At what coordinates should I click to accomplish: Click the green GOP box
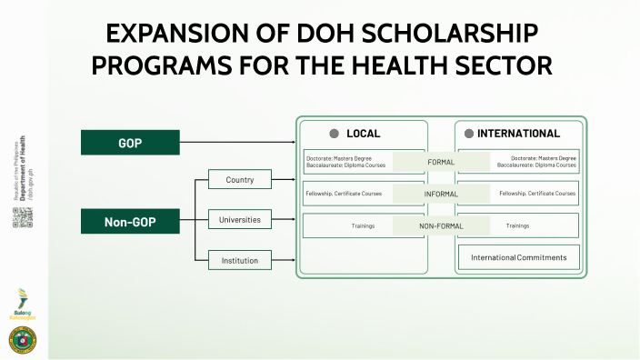pos(129,143)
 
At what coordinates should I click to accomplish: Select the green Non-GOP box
pos(129,221)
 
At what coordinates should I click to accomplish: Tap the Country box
pos(240,180)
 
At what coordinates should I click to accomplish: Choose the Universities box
pos(240,220)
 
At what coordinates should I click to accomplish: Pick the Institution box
pos(240,261)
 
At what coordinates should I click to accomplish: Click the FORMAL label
pos(441,162)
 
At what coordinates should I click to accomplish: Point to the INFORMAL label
pos(441,195)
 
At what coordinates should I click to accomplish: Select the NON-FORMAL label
pos(441,225)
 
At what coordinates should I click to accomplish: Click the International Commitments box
pos(518,257)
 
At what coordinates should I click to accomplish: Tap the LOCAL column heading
pos(364,134)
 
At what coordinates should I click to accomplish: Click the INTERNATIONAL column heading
pos(518,134)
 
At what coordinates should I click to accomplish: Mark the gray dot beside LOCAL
pos(334,134)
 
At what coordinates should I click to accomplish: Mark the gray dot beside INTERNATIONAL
pos(469,134)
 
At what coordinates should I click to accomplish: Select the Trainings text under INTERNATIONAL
pos(518,225)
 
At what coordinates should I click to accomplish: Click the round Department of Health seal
pos(23,340)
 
